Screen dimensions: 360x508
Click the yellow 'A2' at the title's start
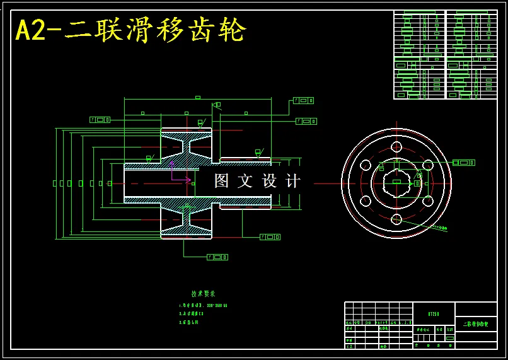pyautogui.click(x=30, y=30)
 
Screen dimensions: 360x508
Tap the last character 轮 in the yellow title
pyautogui.click(x=234, y=30)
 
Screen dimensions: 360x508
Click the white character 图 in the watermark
pyautogui.click(x=222, y=181)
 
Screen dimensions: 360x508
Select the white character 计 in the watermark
pyautogui.click(x=293, y=181)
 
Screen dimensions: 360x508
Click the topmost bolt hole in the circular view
pyautogui.click(x=396, y=147)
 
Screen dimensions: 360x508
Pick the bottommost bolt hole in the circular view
pyautogui.click(x=396, y=219)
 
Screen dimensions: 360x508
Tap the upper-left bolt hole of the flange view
pyautogui.click(x=366, y=165)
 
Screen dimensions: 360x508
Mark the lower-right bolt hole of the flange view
pyautogui.click(x=428, y=201)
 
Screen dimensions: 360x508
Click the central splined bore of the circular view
pyautogui.click(x=396, y=183)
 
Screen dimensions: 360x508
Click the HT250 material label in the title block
pyautogui.click(x=434, y=313)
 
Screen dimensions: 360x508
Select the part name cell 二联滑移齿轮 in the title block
pyautogui.click(x=475, y=324)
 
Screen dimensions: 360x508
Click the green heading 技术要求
pyautogui.click(x=204, y=294)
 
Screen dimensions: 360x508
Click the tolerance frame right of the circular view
pyautogui.click(x=463, y=163)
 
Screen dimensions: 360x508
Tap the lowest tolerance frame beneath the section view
pyautogui.click(x=217, y=257)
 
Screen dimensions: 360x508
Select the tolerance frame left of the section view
pyautogui.click(x=100, y=119)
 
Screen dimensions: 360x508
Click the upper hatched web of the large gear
pyautogui.click(x=186, y=146)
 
